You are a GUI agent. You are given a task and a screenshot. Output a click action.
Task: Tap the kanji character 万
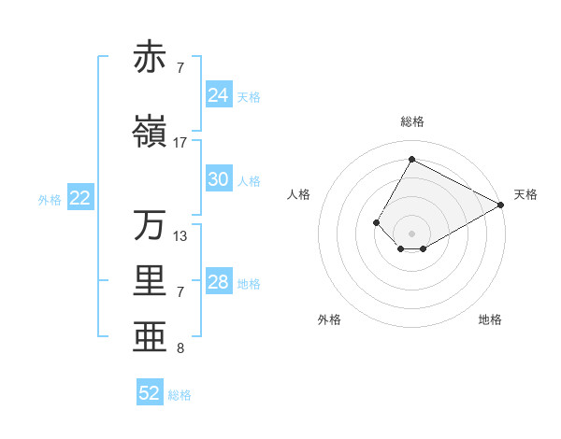151,225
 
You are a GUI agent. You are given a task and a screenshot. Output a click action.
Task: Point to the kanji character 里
151,281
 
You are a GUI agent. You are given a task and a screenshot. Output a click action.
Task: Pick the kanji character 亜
151,337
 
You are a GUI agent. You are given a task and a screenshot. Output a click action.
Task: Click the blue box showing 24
219,95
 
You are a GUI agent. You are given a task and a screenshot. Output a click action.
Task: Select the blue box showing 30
219,179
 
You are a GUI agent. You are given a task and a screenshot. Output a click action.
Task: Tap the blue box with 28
219,282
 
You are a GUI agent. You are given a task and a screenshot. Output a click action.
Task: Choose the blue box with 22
80,198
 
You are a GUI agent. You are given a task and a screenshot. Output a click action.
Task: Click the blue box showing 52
150,393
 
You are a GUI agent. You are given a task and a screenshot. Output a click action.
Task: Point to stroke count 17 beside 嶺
180,143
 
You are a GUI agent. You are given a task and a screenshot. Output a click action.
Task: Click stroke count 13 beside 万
180,236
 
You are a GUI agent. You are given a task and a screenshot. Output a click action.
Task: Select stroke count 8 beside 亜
180,348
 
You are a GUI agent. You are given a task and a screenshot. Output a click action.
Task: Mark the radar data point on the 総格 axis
411,159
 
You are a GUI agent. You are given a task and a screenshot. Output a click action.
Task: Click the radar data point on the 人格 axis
376,222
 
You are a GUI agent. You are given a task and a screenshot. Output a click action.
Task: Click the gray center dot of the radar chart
411,233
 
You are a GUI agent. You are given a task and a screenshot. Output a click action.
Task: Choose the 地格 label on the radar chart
490,319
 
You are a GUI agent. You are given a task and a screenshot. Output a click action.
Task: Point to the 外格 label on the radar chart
329,319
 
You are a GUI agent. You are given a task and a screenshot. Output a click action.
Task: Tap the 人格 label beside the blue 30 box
249,180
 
